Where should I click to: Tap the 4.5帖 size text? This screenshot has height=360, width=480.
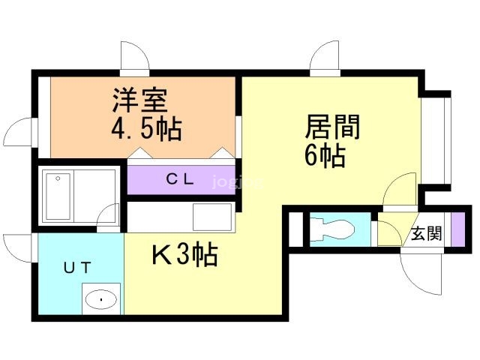147,129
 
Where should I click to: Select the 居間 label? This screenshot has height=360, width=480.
332,127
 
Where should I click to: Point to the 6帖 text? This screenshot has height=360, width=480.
324,156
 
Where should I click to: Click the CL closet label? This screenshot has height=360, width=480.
181,179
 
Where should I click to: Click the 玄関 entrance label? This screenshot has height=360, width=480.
425,233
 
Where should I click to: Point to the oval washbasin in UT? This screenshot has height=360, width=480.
100,301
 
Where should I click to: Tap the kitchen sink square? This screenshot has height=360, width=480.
213,216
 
